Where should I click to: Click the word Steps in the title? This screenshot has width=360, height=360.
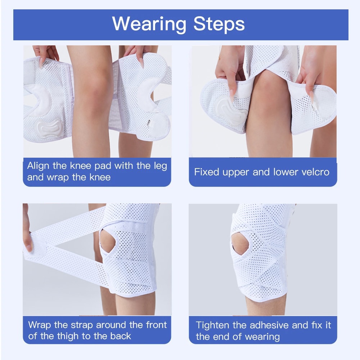[219, 24]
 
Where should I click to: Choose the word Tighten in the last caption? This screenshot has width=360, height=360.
[213, 325]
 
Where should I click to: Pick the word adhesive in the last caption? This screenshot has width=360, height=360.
[269, 325]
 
